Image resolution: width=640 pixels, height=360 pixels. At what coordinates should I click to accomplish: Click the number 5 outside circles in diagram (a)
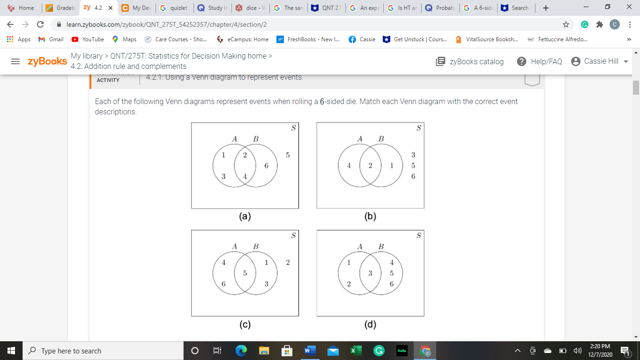[x=288, y=155]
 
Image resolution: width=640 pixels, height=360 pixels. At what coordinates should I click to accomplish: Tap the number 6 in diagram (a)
[x=266, y=165]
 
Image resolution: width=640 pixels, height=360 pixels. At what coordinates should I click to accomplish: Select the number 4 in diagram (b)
[x=349, y=165]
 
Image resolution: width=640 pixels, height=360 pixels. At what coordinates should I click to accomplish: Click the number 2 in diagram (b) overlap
[x=370, y=165]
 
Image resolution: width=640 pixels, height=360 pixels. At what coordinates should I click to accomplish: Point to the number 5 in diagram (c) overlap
[x=245, y=273]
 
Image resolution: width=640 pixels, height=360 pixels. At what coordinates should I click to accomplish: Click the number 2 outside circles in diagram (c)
[x=288, y=262]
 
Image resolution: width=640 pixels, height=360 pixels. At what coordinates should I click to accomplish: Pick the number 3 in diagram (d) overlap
[x=370, y=273]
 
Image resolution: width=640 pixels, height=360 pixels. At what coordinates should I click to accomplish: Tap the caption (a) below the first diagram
[x=245, y=217]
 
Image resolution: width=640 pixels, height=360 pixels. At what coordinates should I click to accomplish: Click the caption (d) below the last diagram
[x=370, y=324]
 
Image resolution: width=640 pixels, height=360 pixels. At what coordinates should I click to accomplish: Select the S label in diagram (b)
[x=418, y=128]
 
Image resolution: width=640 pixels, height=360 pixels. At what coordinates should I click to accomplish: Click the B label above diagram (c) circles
[x=256, y=246]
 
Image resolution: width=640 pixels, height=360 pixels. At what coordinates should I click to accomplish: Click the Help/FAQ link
[x=539, y=61]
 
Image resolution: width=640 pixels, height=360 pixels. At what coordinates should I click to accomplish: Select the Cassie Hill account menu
[x=601, y=61]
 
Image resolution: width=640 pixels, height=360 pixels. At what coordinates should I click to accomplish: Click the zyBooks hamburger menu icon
[x=15, y=61]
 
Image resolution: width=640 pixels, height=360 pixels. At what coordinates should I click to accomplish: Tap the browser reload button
[x=40, y=24]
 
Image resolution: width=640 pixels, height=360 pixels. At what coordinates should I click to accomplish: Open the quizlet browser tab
[x=174, y=8]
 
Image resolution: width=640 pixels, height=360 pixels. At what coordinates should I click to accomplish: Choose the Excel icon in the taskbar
[x=355, y=351]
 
